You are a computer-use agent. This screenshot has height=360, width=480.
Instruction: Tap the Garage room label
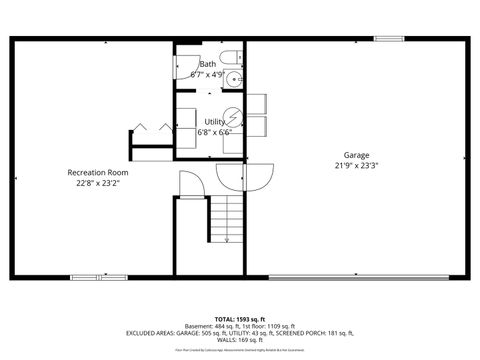(357, 155)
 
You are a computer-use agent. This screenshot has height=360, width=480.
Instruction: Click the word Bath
(207, 64)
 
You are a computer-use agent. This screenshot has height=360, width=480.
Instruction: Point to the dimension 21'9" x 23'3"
(357, 166)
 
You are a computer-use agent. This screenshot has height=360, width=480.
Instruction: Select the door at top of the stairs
(190, 183)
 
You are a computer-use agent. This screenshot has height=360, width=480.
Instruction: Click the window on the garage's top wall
(390, 39)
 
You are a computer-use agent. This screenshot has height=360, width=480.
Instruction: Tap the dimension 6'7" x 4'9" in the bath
(207, 74)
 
